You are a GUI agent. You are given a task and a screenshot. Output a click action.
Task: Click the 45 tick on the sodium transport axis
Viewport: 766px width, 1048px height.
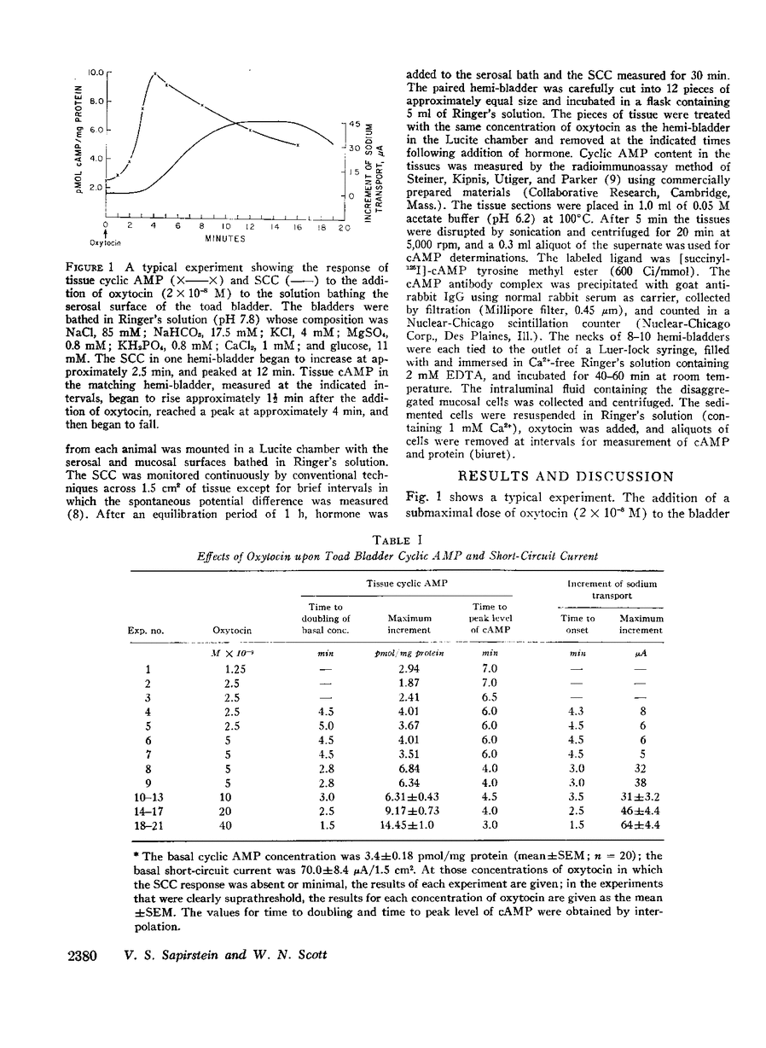pos(353,124)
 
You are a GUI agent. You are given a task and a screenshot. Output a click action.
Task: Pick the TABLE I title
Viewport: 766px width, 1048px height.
pos(398,538)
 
